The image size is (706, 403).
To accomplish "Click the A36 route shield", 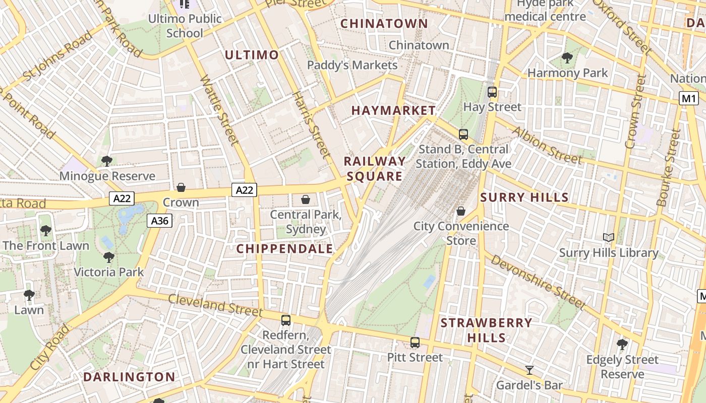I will coord(160,221).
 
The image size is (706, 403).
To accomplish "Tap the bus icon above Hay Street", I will coord(492,92).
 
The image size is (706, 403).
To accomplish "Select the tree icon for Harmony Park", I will coord(567,58).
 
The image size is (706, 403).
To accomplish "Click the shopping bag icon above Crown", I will coord(181,187).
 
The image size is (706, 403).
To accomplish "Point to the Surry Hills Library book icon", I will coord(609,237).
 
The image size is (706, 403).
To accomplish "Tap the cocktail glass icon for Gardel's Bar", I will coord(529,370).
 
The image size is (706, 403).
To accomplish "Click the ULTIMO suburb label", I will coord(252,55).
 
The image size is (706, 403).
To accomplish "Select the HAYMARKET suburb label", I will coord(393,110).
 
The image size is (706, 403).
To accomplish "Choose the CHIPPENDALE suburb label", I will coord(285,248).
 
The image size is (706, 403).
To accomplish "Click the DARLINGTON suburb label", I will coord(129,377).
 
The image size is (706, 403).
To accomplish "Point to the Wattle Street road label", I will coord(219,110).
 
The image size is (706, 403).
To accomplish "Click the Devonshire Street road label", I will coord(538,282).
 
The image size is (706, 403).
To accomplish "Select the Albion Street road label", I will coord(547,145).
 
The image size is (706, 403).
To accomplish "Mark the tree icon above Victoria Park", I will coord(108,257).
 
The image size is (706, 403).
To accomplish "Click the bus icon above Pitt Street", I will coord(415,343).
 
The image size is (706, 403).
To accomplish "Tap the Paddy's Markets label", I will coord(352,65).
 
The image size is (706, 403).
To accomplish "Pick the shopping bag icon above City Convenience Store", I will coord(460,211).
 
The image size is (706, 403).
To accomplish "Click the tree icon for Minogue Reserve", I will coord(106,161).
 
